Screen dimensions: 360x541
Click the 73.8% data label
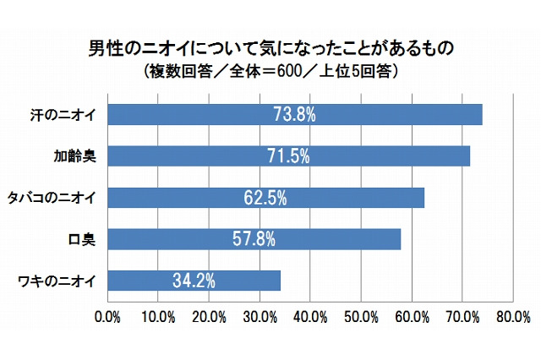click(x=295, y=114)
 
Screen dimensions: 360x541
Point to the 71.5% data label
click(x=289, y=155)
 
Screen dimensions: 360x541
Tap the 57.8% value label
click(x=254, y=239)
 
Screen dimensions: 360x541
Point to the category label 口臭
click(x=86, y=239)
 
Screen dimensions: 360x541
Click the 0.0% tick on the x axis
click(x=108, y=317)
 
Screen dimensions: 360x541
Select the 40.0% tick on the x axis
click(x=309, y=317)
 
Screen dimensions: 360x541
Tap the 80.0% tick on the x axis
click(x=511, y=317)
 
